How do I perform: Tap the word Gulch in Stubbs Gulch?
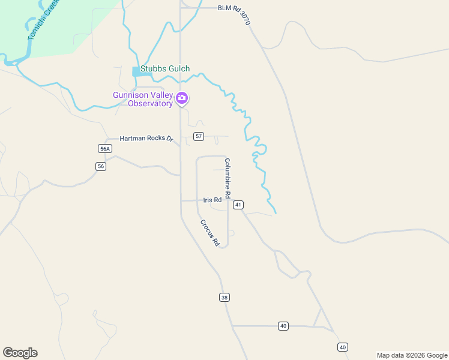tap(178, 69)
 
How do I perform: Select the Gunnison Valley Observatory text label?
tap(143, 99)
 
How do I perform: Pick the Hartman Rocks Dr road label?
tap(146, 139)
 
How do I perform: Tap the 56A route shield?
tap(105, 149)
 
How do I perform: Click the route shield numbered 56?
tap(101, 166)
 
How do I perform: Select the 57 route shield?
tap(199, 137)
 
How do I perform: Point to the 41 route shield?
tap(238, 205)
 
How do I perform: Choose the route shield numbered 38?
tap(224, 297)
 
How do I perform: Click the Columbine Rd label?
tap(232, 178)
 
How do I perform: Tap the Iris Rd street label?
tap(212, 200)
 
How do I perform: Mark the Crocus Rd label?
tap(210, 233)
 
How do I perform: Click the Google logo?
tap(20, 353)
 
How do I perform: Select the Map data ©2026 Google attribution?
tap(411, 355)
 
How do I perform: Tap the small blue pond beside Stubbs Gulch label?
tap(137, 71)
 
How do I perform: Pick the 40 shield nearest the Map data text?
tap(342, 347)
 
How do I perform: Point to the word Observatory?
tap(151, 103)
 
